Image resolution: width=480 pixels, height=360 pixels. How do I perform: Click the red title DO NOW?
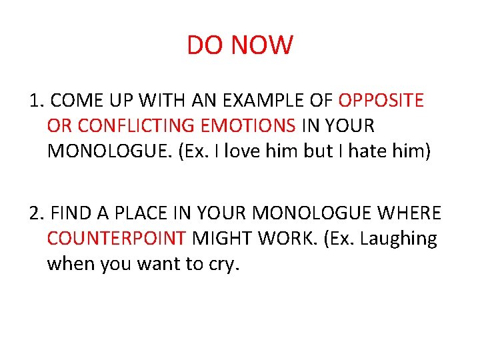240,46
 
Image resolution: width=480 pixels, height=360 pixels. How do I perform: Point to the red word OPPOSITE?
381,101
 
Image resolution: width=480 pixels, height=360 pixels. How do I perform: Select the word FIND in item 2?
71,213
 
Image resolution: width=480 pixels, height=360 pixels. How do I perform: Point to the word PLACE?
135,213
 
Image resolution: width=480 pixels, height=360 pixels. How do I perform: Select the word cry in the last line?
224,265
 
